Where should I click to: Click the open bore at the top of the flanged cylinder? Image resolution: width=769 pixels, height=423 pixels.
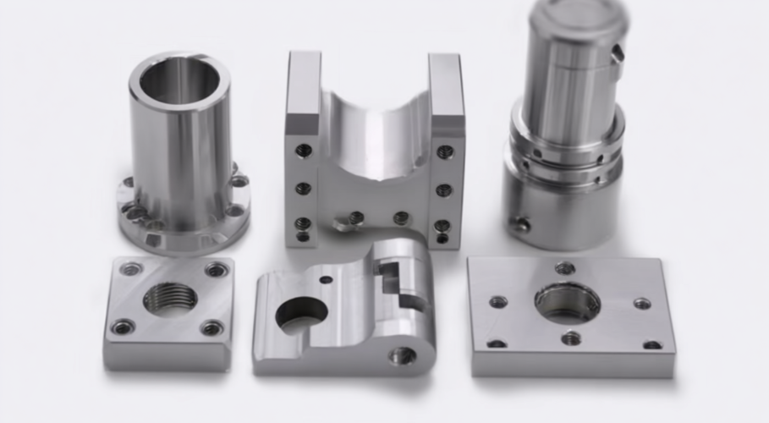click(179, 79)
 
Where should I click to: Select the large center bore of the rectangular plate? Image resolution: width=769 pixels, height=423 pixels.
click(567, 302)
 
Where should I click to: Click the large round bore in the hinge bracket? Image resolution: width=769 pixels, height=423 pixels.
click(301, 314)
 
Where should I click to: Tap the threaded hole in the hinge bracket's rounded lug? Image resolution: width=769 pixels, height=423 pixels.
click(402, 355)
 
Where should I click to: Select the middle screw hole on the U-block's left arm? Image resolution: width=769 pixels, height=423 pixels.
click(303, 189)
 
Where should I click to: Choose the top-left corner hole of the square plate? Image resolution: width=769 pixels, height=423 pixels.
click(130, 270)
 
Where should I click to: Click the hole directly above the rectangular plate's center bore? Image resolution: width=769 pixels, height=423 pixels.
click(564, 269)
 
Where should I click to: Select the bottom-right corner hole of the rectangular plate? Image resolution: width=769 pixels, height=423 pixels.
click(652, 344)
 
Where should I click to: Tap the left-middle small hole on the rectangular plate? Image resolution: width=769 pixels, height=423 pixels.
click(498, 301)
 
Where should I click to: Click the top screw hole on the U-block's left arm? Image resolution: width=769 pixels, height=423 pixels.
click(303, 151)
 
